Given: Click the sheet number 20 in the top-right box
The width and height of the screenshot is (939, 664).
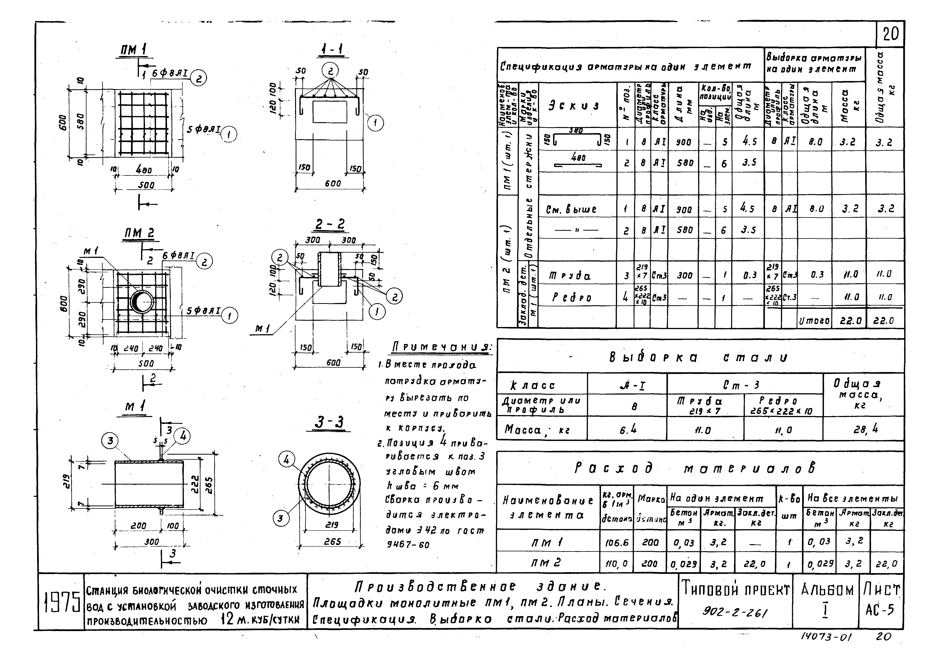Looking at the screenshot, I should (x=890, y=34).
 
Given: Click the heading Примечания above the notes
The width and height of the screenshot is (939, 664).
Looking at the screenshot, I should (x=442, y=348).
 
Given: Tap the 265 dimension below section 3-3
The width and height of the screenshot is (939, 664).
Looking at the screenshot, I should (x=333, y=541).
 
